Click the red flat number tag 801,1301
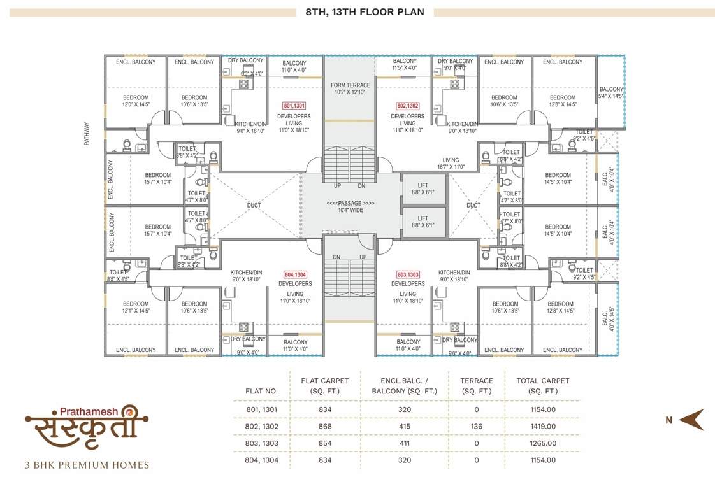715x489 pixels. (x=294, y=106)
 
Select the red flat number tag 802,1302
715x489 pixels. (x=408, y=106)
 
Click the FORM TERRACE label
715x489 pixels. (x=350, y=89)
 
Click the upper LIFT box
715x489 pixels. (x=423, y=188)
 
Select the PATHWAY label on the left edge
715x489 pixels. (x=87, y=134)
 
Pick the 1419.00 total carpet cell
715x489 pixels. (x=543, y=426)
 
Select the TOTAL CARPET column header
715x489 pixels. (x=543, y=386)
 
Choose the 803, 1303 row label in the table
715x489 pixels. (x=262, y=443)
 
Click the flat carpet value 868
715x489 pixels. (x=326, y=426)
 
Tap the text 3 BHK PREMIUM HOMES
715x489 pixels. (x=87, y=465)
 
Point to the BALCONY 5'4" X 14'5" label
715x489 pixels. (x=611, y=93)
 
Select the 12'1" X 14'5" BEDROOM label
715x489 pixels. (x=136, y=308)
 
